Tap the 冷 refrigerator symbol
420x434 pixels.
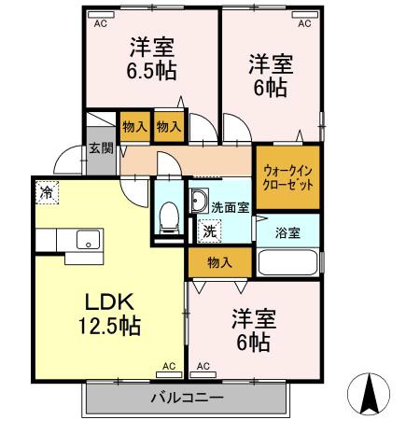pos(47,194)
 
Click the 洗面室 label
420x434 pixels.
pos(230,207)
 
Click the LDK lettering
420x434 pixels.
pos(111,302)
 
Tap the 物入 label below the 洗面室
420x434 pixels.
pos(219,262)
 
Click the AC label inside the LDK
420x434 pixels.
pos(169,367)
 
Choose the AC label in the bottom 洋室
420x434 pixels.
pos(203,367)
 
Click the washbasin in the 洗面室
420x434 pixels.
pos(199,200)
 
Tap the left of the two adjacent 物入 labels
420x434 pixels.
pos(133,127)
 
